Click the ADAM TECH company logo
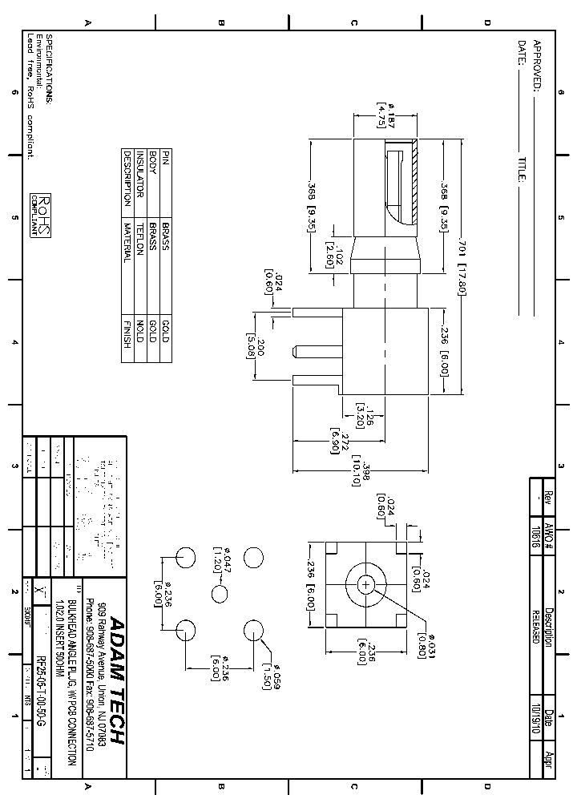[117, 680]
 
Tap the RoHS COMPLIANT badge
[40, 215]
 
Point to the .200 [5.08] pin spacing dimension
[253, 341]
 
